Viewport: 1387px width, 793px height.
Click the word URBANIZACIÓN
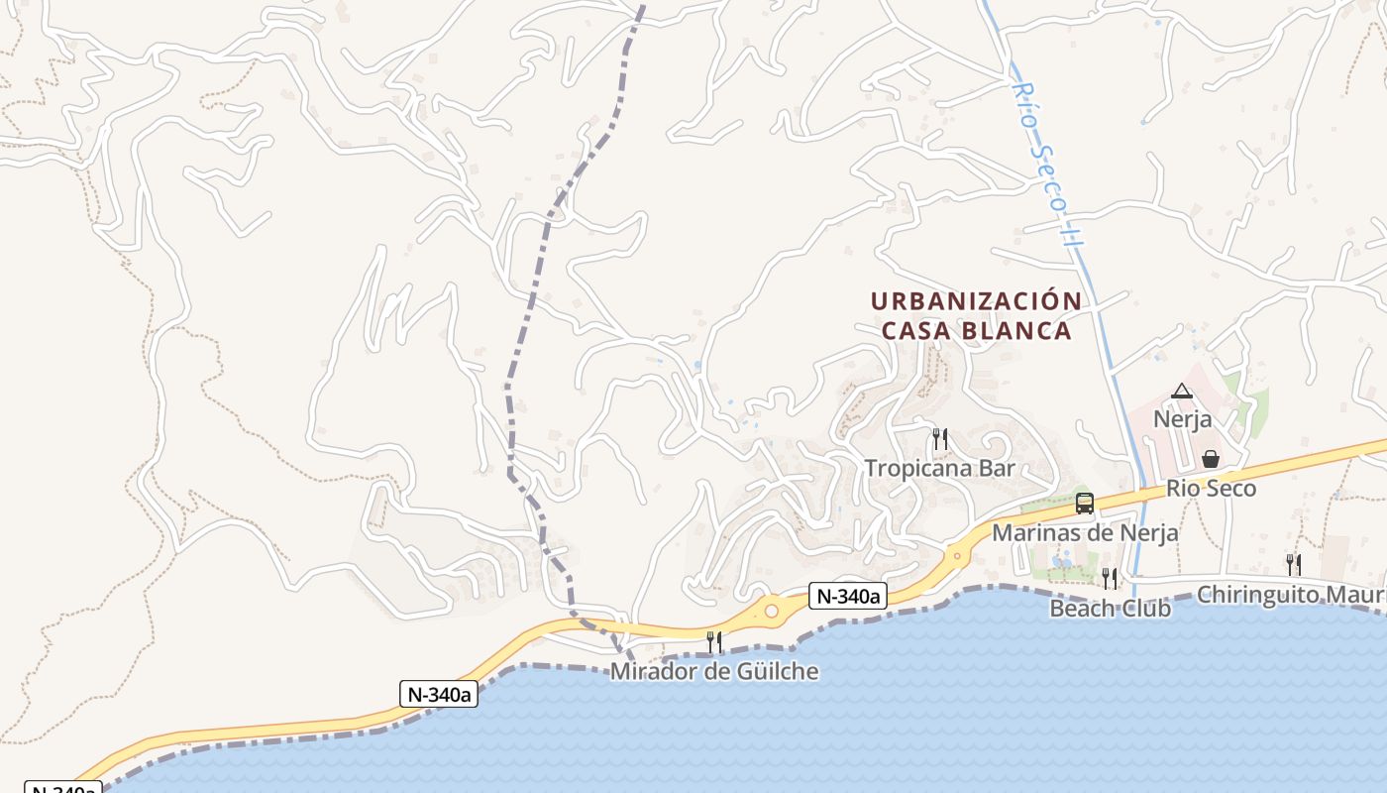click(976, 300)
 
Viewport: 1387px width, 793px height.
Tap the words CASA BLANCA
click(976, 330)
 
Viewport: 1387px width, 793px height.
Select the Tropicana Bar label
click(940, 468)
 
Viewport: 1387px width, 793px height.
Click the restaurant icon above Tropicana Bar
click(940, 438)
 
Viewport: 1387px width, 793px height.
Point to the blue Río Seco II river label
click(1044, 164)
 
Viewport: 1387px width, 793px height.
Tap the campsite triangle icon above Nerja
click(1181, 392)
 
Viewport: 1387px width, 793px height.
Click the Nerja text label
click(1182, 419)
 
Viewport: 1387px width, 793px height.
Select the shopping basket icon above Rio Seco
click(1210, 459)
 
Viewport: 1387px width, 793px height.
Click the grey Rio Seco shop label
click(1211, 488)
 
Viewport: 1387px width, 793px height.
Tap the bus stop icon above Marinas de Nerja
click(1085, 504)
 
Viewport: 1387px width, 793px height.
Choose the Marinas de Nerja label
click(1085, 532)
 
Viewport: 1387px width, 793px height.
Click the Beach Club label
click(1110, 608)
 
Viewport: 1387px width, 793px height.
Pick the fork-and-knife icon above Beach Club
click(1110, 578)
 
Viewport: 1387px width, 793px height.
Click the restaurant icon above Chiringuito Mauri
click(1294, 565)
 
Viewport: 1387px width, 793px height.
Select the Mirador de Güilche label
click(713, 671)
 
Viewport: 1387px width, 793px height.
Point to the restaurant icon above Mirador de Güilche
click(713, 642)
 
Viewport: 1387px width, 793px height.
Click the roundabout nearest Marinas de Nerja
click(956, 555)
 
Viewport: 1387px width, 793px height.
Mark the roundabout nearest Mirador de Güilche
click(771, 611)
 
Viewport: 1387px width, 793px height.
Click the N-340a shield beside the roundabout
click(847, 596)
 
